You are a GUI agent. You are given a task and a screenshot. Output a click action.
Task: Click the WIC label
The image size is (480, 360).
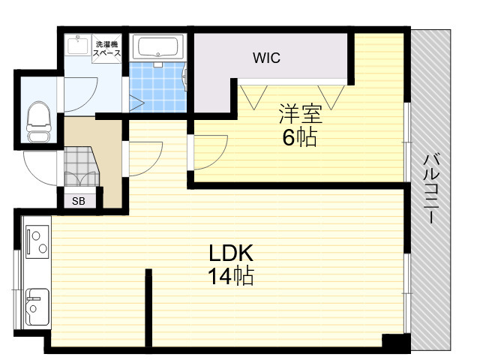[x=266, y=58]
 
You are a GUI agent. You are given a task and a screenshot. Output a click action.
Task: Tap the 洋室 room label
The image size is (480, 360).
[x=300, y=114]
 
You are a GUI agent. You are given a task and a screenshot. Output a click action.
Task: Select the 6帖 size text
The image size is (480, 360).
[x=299, y=137]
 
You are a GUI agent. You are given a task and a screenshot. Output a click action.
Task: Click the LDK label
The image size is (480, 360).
[x=231, y=253]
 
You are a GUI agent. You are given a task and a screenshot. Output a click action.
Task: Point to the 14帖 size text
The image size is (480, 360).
[x=231, y=276]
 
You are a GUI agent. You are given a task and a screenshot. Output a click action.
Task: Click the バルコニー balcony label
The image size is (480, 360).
[x=431, y=189]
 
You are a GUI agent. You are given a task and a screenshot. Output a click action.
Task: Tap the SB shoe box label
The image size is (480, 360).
[x=79, y=201]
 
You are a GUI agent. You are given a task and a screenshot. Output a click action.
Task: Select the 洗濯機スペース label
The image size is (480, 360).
[x=106, y=48]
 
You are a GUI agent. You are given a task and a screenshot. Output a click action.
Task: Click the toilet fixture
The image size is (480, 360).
[x=38, y=121]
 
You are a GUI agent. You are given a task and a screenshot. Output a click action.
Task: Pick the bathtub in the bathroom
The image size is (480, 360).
[x=158, y=47]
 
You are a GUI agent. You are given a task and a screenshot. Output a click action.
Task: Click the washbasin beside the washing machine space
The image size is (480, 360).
[x=78, y=45]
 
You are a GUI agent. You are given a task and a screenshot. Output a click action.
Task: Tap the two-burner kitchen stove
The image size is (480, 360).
[x=37, y=241]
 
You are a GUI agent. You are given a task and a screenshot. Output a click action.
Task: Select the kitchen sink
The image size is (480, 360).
[x=37, y=307]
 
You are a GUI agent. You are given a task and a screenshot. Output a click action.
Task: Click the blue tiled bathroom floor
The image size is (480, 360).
[x=157, y=87]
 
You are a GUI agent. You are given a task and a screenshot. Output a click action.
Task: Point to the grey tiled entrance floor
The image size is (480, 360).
[x=80, y=166]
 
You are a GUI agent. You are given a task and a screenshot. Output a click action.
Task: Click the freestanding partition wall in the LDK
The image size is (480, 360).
[x=148, y=307]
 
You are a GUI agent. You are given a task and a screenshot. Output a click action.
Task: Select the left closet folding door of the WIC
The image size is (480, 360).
[x=253, y=97]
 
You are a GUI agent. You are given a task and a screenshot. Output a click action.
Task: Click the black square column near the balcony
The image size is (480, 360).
[x=396, y=340]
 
